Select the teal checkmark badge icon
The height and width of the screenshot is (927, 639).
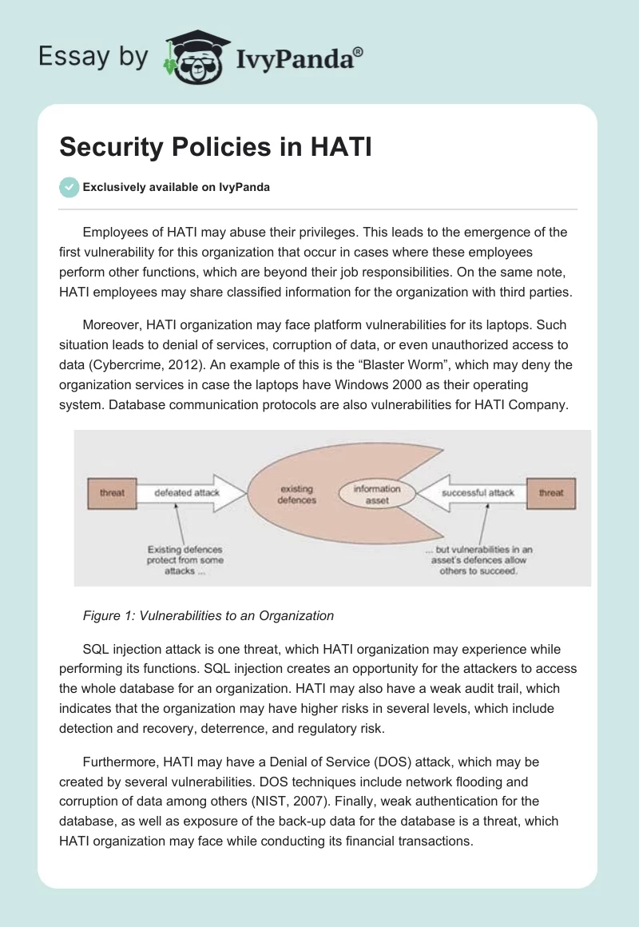click(x=69, y=187)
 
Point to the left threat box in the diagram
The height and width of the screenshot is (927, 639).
click(x=112, y=493)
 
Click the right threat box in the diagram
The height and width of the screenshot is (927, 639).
click(x=551, y=493)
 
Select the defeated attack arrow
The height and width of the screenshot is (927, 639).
click(x=188, y=493)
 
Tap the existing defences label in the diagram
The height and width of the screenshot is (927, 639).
click(x=296, y=495)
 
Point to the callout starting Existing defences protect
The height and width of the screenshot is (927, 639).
click(x=185, y=560)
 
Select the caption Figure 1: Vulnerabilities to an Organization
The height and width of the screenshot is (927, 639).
click(x=208, y=616)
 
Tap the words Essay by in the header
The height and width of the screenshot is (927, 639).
click(x=94, y=57)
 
